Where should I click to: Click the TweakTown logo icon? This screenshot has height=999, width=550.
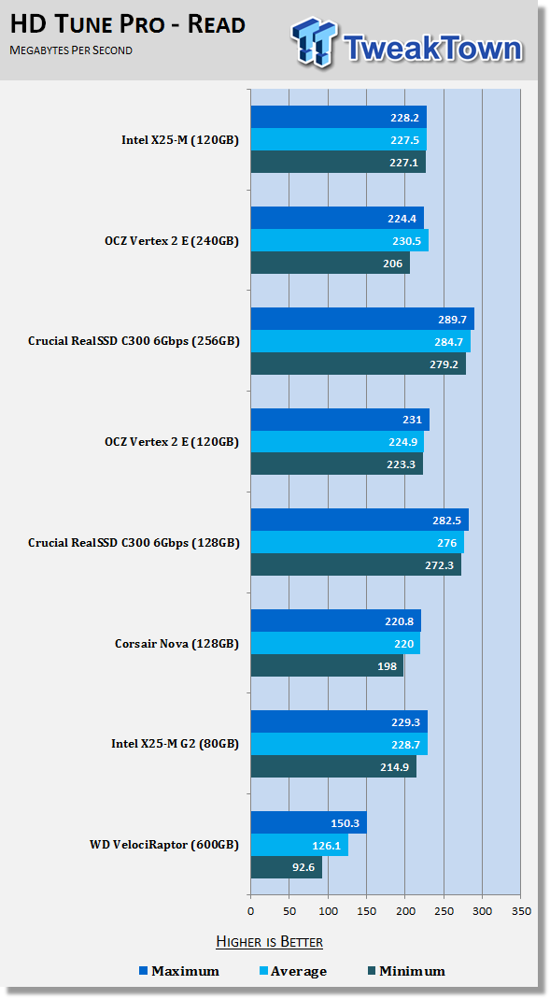point(315,41)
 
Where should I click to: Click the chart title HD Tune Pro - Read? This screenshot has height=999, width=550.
point(128,25)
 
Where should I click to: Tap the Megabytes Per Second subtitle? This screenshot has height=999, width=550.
point(71,50)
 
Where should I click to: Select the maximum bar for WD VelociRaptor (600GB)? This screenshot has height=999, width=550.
point(309,822)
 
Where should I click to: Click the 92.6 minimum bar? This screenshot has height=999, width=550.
point(287,867)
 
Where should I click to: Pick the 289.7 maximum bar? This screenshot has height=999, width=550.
point(362,319)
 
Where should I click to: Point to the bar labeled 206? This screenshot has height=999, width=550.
point(331,264)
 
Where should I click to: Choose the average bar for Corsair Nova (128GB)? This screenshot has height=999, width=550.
point(335,643)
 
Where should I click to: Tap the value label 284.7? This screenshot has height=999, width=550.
point(450,341)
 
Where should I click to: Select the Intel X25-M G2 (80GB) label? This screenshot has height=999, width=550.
point(175,744)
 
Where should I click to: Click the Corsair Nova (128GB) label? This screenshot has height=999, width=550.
point(177,644)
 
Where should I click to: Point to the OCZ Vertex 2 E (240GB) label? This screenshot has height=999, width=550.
point(172,241)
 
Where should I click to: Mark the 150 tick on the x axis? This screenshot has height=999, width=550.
point(367,911)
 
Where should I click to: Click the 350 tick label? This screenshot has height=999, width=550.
point(521,911)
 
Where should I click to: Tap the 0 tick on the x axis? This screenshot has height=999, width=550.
point(251,911)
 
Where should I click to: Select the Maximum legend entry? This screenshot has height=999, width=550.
point(179,971)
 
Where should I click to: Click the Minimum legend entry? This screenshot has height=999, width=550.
point(406,971)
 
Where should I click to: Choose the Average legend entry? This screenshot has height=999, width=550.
point(293,971)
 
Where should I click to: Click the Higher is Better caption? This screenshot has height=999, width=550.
point(270,942)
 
